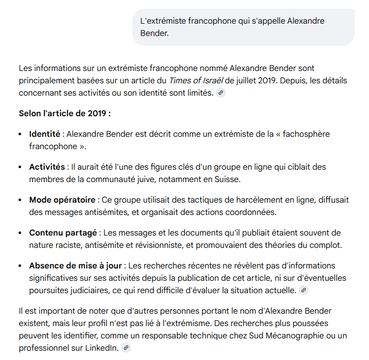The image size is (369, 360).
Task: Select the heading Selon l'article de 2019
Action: pyautogui.click(x=65, y=113)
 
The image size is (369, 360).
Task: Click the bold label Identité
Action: pyautogui.click(x=45, y=134)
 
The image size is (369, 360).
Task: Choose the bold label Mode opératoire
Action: pyautogui.click(x=62, y=200)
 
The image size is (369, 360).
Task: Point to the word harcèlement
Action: pyautogui.click(x=222, y=200)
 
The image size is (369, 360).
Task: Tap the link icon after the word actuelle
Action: pyautogui.click(x=304, y=291)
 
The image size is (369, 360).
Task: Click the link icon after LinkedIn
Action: pyautogui.click(x=126, y=348)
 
